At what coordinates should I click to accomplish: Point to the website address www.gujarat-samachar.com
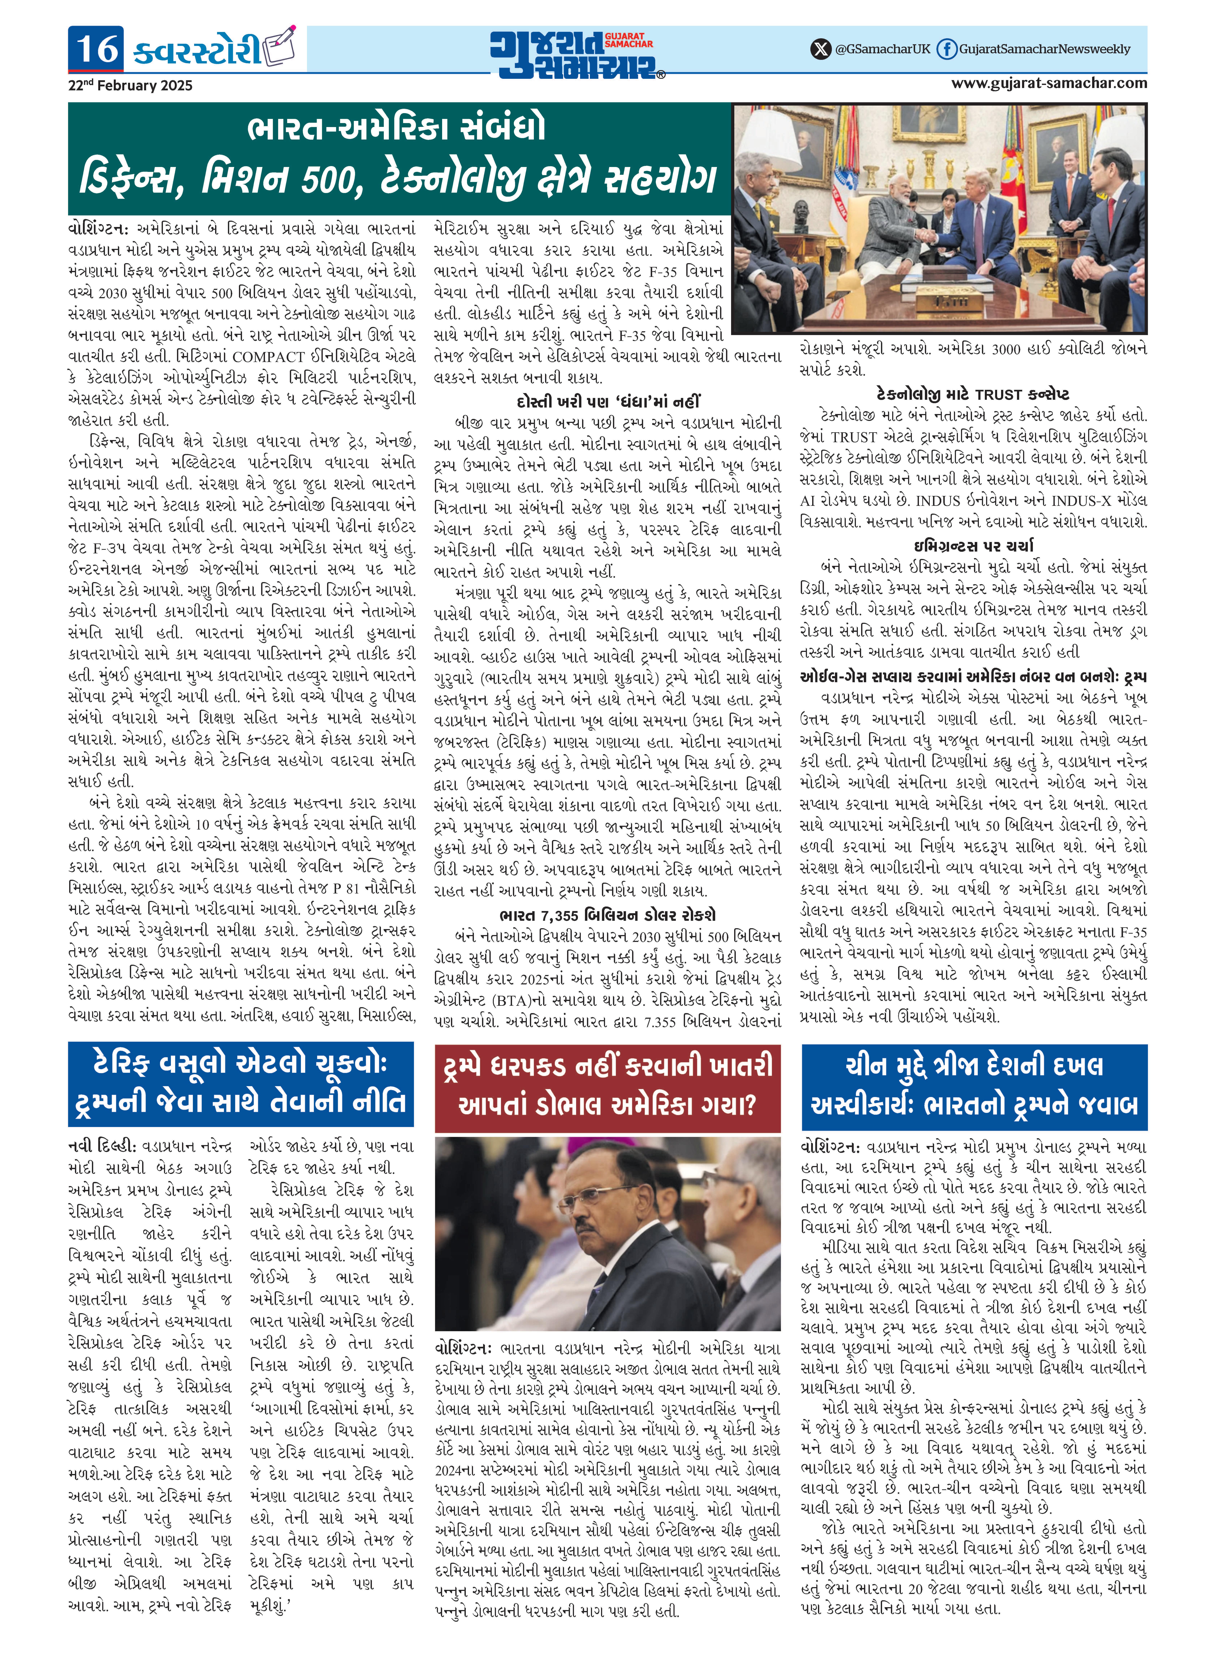tap(1049, 83)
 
